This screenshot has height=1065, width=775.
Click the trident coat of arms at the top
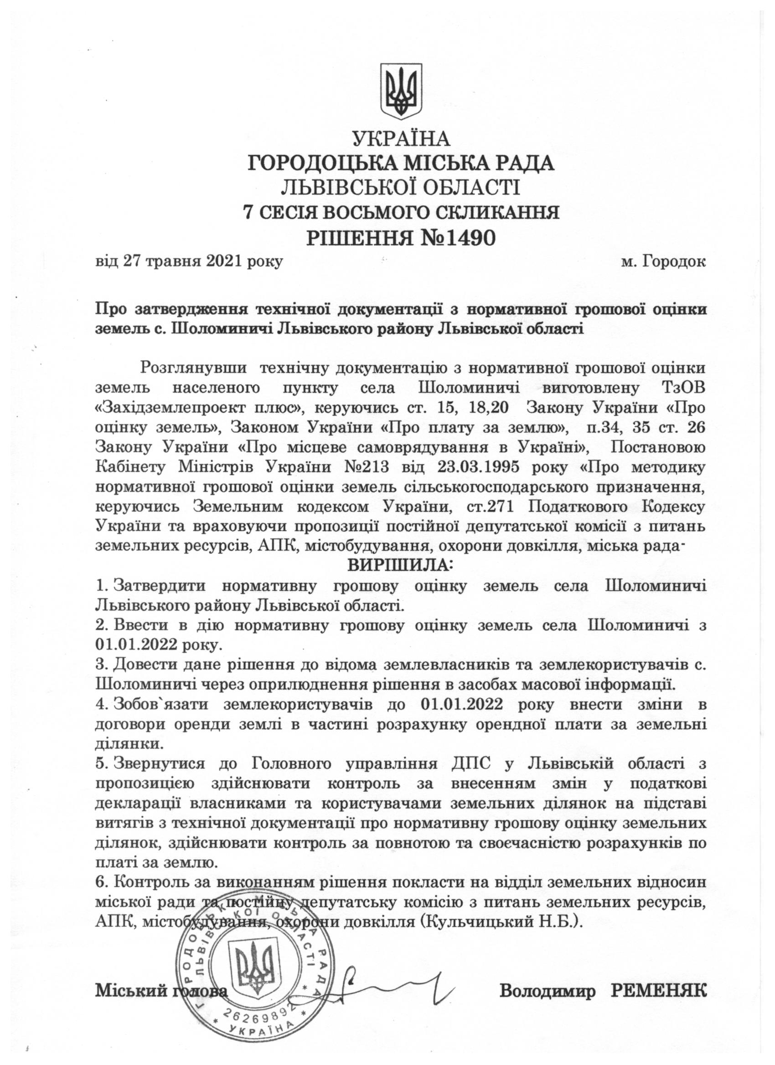[x=401, y=91]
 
